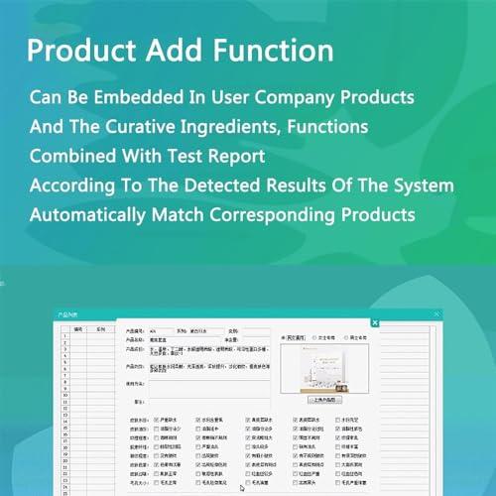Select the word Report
(233, 156)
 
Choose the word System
(421, 185)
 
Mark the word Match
(197, 213)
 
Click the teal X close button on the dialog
(375, 322)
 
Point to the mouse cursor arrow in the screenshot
(243, 486)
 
